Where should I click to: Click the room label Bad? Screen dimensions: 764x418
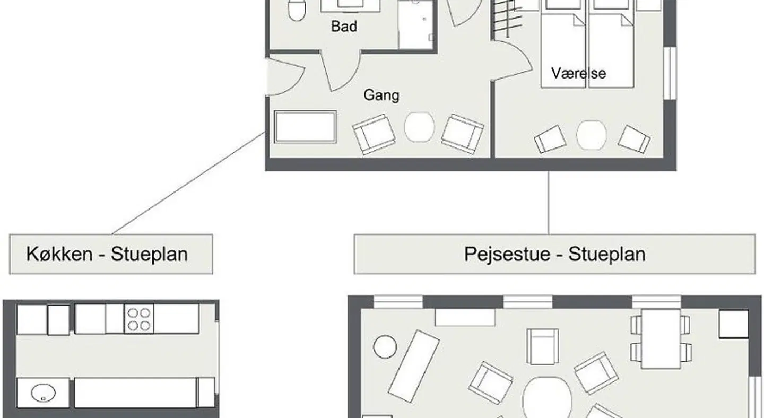(344, 27)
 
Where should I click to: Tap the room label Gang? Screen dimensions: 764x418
(381, 95)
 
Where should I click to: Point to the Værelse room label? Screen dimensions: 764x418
(578, 73)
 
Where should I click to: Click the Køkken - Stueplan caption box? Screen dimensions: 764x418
(111, 254)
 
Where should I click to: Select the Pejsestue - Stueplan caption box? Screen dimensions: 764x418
(554, 254)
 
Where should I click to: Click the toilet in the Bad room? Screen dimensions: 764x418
(297, 10)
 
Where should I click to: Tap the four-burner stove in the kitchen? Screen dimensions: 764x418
(139, 319)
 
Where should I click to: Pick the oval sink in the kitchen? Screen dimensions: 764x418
(44, 393)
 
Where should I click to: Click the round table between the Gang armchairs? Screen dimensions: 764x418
(420, 126)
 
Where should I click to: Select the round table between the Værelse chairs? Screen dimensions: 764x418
(592, 135)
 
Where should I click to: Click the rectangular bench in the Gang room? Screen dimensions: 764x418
(306, 126)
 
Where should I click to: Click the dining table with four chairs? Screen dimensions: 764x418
(661, 338)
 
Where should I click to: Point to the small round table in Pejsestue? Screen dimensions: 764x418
(385, 347)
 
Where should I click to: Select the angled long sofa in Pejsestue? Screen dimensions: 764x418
(414, 366)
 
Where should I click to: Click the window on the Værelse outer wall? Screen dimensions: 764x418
(670, 73)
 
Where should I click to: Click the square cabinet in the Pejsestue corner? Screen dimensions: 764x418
(734, 324)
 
